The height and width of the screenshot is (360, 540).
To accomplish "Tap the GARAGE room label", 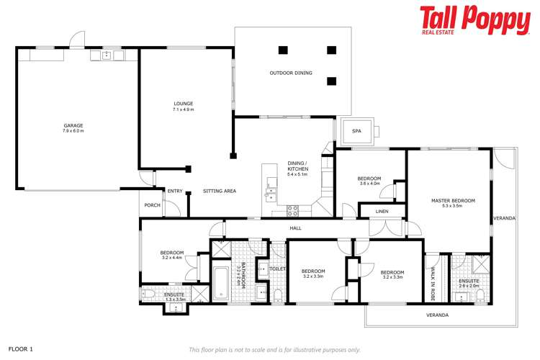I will [73, 125].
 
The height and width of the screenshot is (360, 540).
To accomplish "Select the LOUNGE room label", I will [184, 104].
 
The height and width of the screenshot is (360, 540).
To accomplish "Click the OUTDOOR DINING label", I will [291, 73].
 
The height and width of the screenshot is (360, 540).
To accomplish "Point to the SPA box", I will [356, 131].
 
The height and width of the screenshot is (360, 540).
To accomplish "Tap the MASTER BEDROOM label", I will [453, 201].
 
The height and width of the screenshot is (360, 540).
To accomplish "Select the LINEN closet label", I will [382, 212].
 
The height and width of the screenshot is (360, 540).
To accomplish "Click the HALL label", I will [295, 228].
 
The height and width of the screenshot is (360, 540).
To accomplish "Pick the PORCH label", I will [152, 205].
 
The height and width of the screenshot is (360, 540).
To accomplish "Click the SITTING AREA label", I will [220, 191].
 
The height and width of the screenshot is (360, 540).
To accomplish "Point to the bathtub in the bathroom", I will [220, 284].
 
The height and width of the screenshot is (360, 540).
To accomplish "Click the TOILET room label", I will [278, 269].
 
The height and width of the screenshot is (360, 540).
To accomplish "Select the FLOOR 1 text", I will [20, 348].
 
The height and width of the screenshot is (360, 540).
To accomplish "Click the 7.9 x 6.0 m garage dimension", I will [73, 131].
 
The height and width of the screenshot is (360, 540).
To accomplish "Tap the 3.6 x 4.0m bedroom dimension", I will [369, 184].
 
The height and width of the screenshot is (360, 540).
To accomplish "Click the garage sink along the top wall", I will [106, 55].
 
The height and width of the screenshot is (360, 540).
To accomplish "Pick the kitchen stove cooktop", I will [293, 210].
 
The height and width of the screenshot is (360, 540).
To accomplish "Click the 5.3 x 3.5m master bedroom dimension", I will [453, 207].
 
